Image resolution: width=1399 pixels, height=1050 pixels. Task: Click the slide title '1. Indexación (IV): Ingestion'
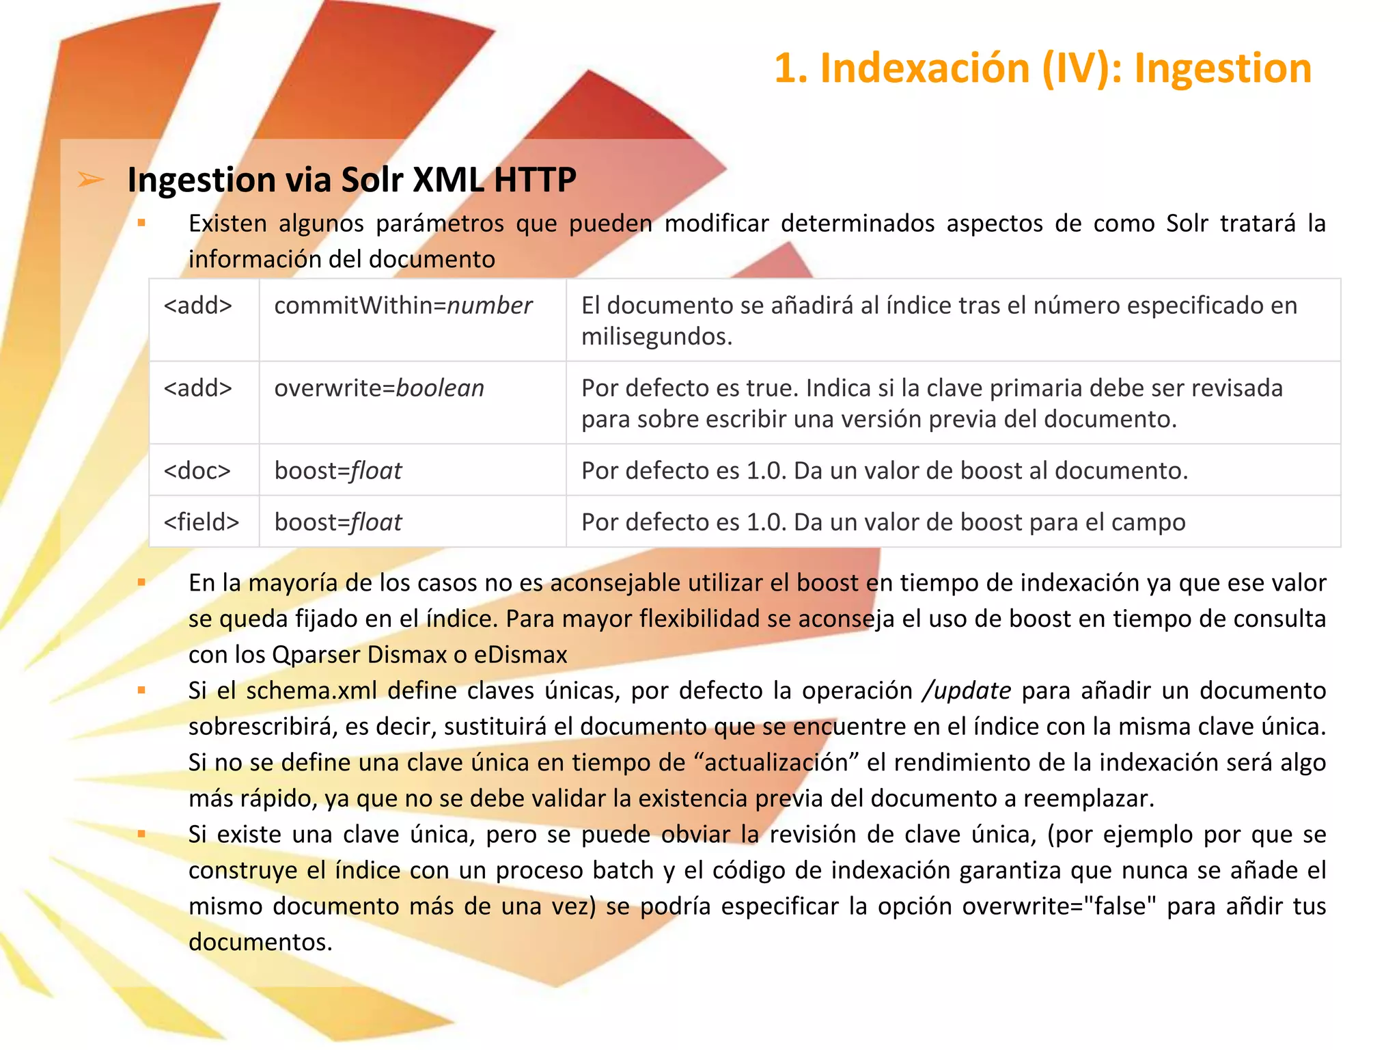pos(1042,68)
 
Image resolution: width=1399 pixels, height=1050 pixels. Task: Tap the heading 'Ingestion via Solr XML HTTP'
pos(352,180)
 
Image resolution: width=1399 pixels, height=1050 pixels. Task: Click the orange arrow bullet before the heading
pos(91,180)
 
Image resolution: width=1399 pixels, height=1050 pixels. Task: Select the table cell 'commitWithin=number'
pos(403,306)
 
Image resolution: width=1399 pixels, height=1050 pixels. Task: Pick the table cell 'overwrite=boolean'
pos(379,388)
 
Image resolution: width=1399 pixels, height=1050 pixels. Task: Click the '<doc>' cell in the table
pos(197,470)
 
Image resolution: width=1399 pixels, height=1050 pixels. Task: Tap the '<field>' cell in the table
pos(202,522)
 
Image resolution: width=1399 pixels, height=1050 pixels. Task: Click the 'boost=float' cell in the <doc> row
pos(338,470)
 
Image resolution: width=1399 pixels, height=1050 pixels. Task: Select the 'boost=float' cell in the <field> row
pos(338,522)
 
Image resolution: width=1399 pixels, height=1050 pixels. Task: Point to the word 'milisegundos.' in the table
pos(656,336)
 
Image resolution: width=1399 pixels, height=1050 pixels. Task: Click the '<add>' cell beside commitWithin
pos(198,306)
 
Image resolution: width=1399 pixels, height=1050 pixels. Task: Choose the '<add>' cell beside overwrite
pos(198,388)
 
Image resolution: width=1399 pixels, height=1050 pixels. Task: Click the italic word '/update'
pos(966,690)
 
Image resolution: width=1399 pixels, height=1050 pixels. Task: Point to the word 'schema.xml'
pos(311,690)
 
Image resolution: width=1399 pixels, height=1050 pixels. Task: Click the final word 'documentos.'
pos(260,942)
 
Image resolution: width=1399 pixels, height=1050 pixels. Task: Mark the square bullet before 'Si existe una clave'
pos(141,834)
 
